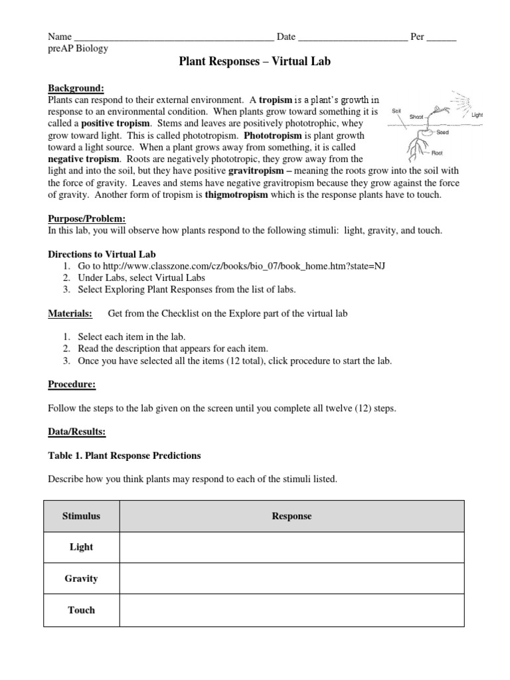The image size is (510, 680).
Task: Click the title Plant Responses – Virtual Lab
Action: click(255, 62)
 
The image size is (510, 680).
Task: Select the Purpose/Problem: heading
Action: click(87, 218)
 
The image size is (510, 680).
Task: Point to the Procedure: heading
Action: click(72, 384)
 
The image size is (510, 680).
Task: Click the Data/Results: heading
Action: click(77, 432)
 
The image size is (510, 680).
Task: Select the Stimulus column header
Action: click(81, 516)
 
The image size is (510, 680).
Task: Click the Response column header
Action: click(292, 516)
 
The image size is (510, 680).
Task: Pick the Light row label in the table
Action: click(81, 547)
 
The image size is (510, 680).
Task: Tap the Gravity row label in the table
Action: click(81, 578)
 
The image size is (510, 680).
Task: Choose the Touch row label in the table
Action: click(81, 610)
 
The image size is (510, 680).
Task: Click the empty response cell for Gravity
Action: click(292, 578)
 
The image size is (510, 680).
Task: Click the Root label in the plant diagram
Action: click(437, 152)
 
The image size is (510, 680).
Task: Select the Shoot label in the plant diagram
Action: click(416, 116)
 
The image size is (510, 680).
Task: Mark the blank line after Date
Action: click(353, 37)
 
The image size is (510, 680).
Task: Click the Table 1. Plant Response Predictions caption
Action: click(125, 456)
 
